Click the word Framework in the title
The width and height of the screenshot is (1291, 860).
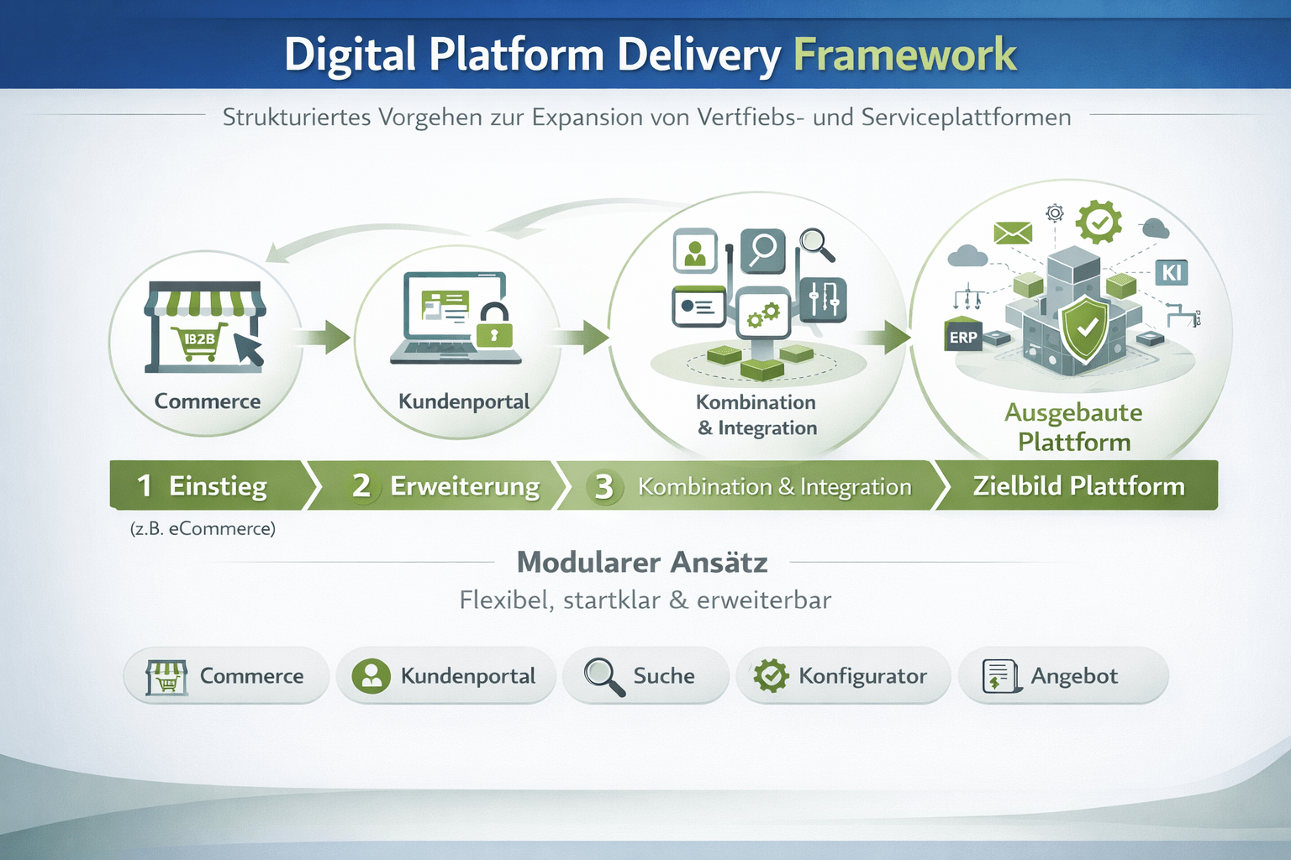coord(904,55)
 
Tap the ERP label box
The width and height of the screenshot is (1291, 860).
coord(963,337)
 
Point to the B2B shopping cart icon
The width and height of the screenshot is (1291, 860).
coord(200,341)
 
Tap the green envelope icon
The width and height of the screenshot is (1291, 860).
coord(1013,233)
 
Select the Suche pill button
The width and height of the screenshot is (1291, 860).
coord(645,676)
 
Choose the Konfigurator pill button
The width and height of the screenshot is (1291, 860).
coord(843,676)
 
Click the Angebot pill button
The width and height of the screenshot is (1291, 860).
coord(1062,676)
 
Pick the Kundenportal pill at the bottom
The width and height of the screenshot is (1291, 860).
coord(445,676)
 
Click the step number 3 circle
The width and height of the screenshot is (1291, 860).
coord(603,486)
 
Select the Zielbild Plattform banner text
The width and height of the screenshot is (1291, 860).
coord(1078,486)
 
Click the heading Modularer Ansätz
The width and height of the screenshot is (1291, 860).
coord(642,562)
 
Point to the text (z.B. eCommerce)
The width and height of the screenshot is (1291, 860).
coord(203,528)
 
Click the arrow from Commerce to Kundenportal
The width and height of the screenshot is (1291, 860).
coord(326,338)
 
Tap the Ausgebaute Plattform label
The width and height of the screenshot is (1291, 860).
coord(1073,427)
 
